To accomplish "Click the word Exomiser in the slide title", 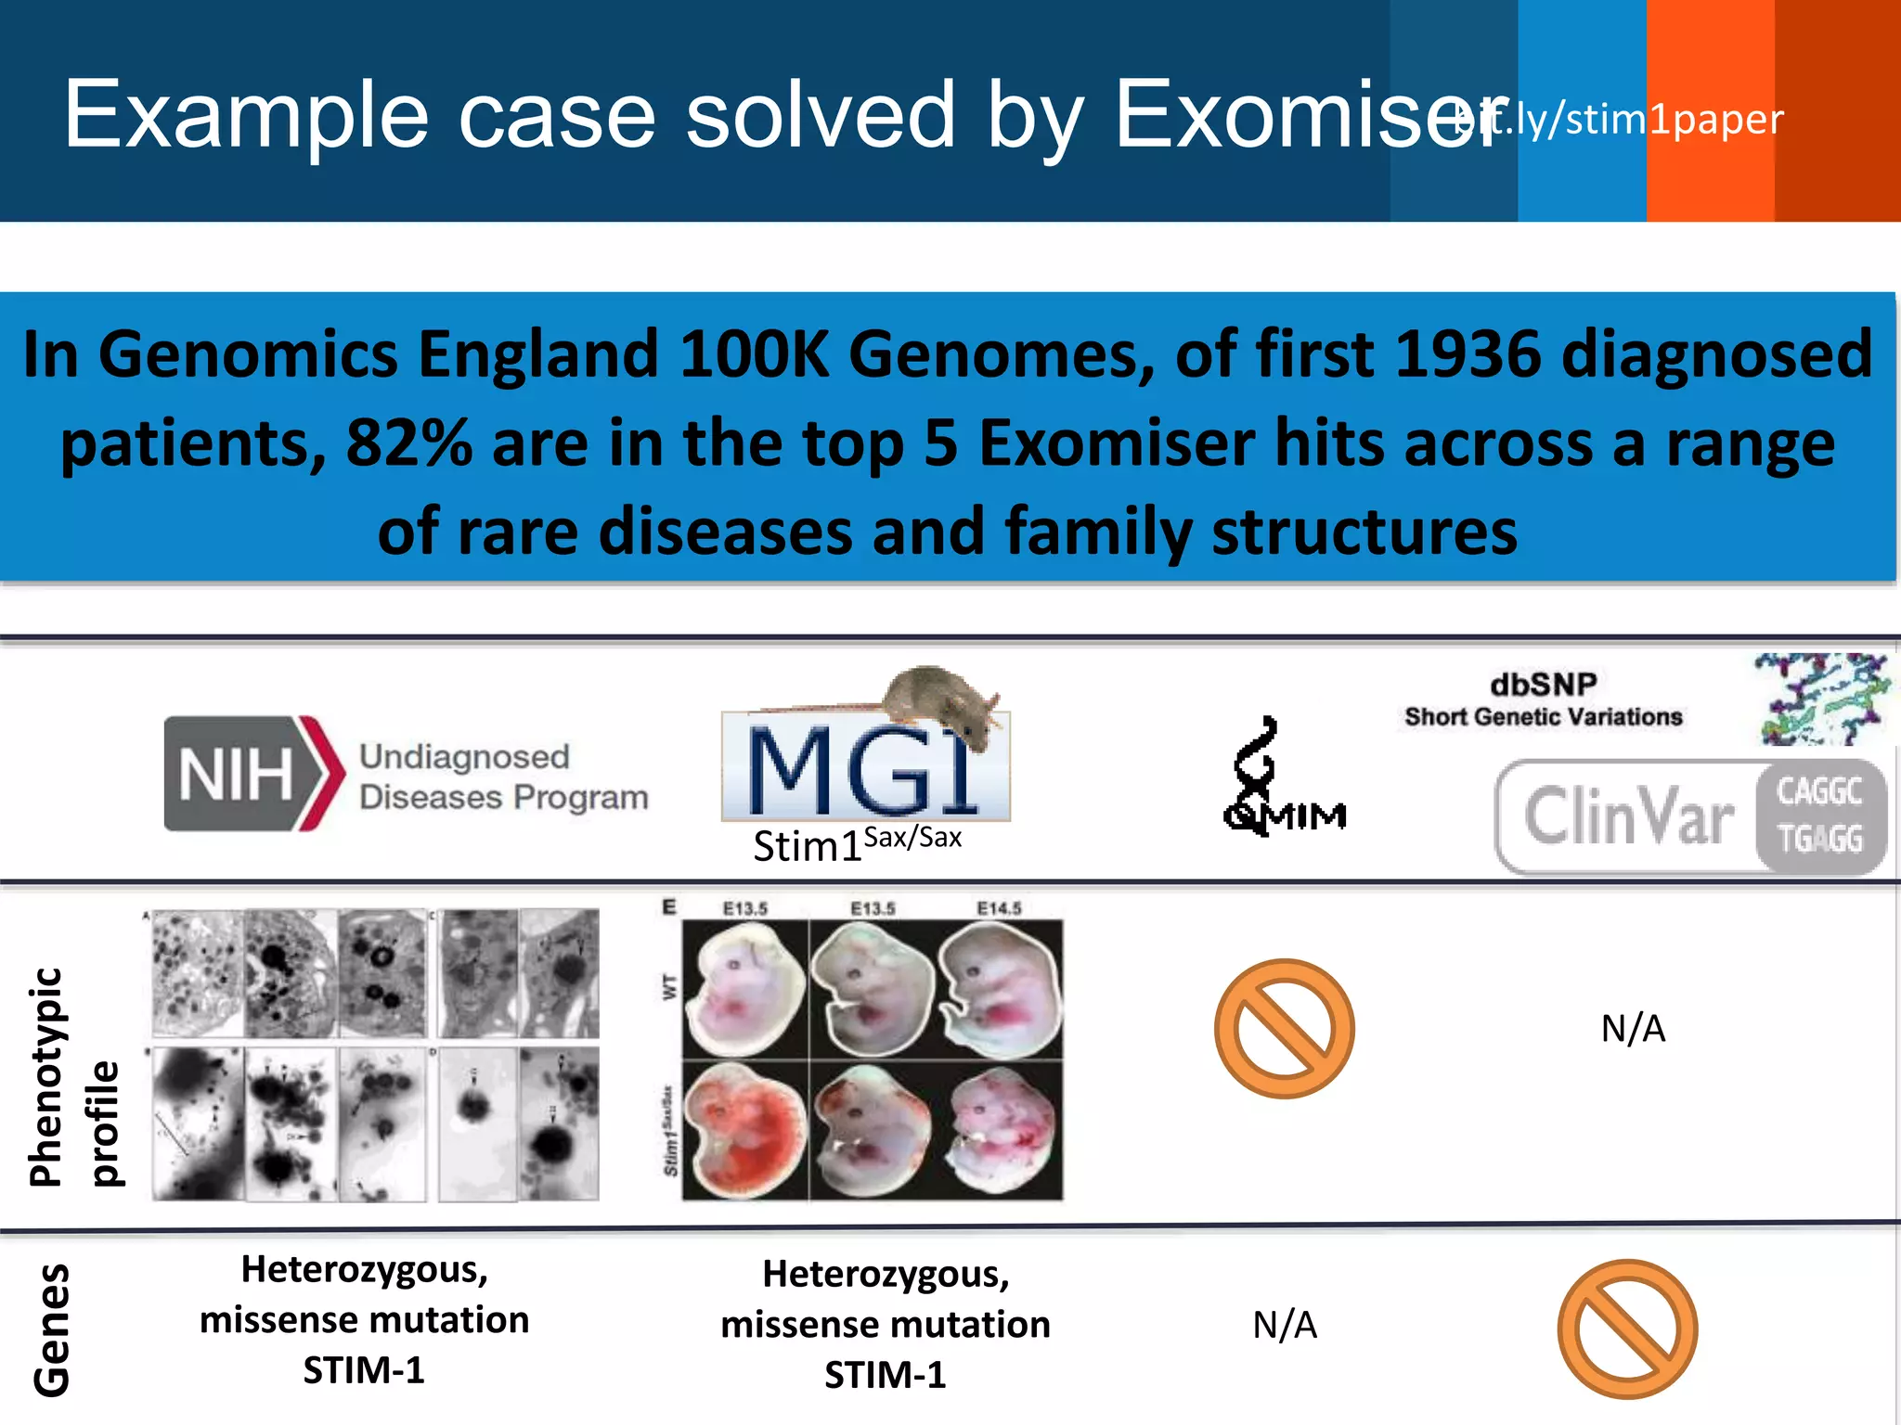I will [1300, 116].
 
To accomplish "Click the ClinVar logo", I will [1689, 816].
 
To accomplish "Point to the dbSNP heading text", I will [1543, 685].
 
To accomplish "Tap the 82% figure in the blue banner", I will [408, 443].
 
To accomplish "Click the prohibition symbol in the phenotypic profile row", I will [1284, 1028].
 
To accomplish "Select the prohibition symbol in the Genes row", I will [1626, 1329].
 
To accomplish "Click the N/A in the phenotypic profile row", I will [1633, 1028].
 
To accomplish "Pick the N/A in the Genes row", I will [1284, 1325].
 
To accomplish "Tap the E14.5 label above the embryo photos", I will [999, 908].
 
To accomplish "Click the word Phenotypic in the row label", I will [46, 1076].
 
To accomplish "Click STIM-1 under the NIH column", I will [364, 1369].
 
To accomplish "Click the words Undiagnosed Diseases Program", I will [503, 777].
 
